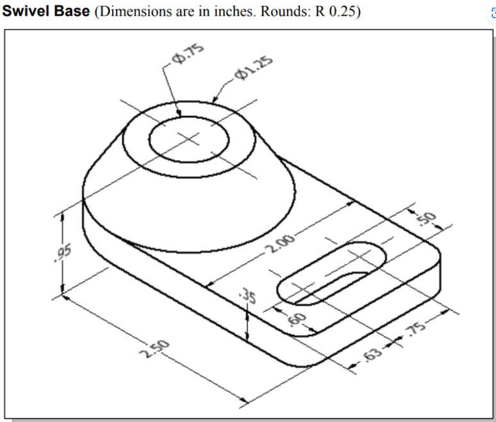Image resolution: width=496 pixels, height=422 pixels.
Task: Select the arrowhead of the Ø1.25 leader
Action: [x=212, y=101]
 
